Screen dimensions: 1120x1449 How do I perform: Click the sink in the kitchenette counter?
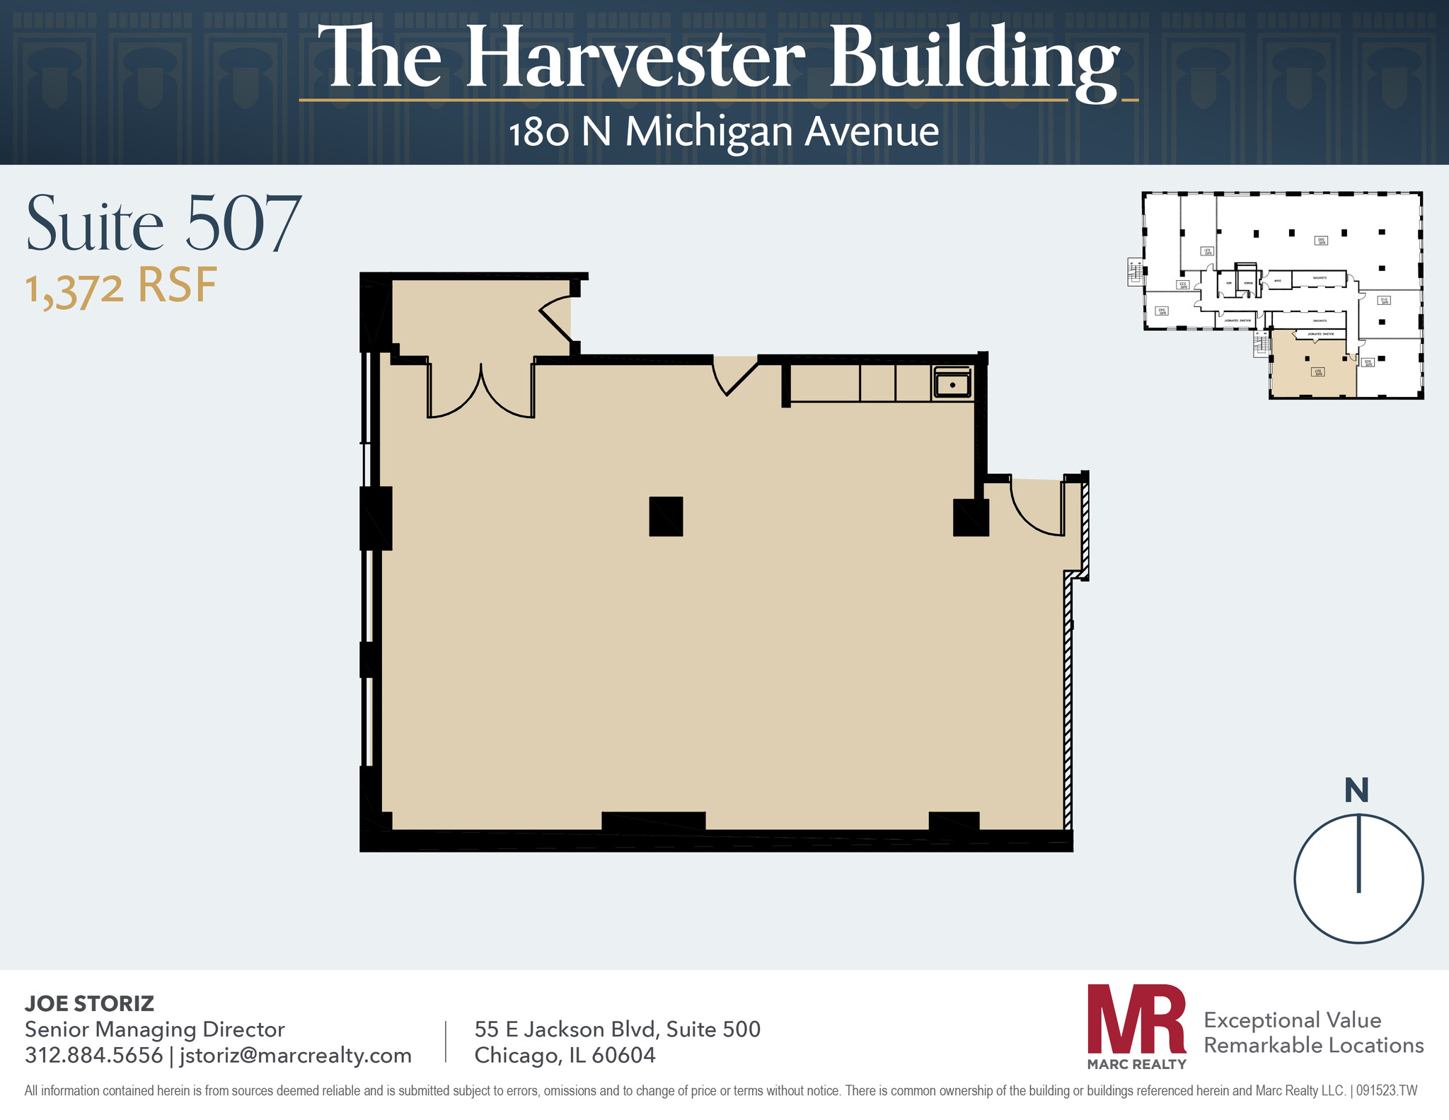pos(952,384)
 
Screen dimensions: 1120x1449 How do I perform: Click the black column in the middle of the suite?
pos(666,516)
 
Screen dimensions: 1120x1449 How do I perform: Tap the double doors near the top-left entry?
pos(481,393)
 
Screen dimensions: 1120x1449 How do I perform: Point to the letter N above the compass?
pos(1356,790)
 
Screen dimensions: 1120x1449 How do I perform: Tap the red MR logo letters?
pos(1136,1020)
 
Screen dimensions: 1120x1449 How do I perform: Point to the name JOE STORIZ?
pos(89,1003)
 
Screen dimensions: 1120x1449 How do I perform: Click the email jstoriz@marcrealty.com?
pos(296,1055)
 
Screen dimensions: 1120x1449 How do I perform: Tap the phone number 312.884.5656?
pos(93,1055)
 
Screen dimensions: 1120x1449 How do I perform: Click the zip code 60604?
pos(623,1055)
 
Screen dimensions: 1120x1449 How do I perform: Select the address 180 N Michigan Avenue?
pos(723,132)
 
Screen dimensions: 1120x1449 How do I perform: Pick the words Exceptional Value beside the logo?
pos(1292,1020)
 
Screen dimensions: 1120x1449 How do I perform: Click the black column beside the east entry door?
pos(970,517)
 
